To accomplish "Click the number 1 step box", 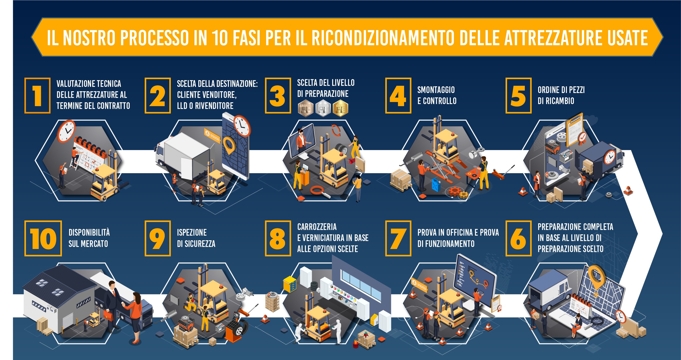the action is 37,96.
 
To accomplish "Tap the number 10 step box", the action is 43,238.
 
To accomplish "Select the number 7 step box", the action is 398,238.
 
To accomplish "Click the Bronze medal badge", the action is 305,108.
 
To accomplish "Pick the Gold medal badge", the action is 341,108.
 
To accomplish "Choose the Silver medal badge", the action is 323,108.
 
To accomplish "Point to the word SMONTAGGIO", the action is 436,90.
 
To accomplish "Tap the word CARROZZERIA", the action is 317,227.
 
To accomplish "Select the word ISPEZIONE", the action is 192,233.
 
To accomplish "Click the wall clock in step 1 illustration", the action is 66,131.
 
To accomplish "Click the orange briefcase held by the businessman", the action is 108,315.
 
